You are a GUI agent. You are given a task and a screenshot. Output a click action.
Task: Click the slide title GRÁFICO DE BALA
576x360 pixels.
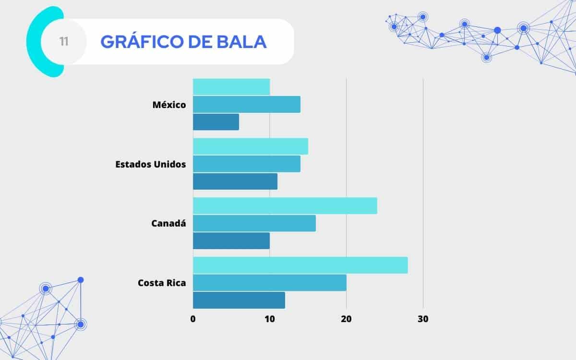tap(183, 42)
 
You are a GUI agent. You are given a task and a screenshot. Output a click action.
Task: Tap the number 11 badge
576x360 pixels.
tap(64, 42)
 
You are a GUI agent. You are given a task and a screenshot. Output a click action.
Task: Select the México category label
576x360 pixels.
tap(169, 105)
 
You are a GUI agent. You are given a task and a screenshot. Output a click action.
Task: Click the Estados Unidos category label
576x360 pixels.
tap(151, 164)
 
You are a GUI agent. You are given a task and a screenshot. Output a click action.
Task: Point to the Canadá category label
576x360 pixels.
tap(168, 223)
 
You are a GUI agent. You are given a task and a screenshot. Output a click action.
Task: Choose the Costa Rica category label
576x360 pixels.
tap(162, 283)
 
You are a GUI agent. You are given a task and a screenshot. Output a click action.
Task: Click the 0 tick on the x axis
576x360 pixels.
tap(193, 319)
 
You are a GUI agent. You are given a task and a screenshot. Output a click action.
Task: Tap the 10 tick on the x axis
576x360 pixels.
tap(269, 319)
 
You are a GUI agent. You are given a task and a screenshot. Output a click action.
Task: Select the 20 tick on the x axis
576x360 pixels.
tap(346, 319)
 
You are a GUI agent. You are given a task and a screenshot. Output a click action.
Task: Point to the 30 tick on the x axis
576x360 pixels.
tap(423, 319)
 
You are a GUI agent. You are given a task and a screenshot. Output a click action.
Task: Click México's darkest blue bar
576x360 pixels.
tap(216, 122)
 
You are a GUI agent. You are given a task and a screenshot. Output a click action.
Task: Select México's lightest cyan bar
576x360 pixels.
tap(231, 87)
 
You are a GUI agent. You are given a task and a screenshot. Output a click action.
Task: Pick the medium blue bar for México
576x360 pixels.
tap(247, 105)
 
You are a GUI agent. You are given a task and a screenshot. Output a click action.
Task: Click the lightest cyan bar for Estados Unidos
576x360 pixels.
tap(251, 146)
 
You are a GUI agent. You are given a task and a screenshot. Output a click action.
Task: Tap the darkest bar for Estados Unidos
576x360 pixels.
tap(235, 181)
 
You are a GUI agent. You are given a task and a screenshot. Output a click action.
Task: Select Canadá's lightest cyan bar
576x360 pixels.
tap(285, 205)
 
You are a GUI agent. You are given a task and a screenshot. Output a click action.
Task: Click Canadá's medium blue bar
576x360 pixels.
tap(254, 223)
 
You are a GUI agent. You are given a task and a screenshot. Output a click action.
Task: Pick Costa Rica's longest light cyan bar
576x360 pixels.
tap(300, 265)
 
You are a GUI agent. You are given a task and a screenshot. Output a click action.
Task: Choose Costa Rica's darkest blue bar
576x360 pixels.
tap(239, 300)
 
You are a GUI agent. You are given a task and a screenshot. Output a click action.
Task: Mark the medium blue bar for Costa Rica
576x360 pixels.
tap(270, 283)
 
